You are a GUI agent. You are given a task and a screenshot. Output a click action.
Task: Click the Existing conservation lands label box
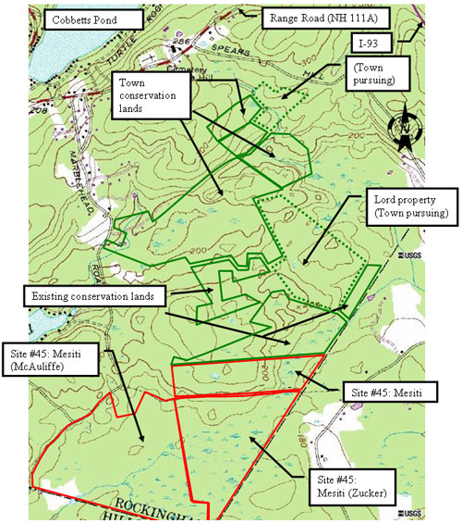coord(93,296)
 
